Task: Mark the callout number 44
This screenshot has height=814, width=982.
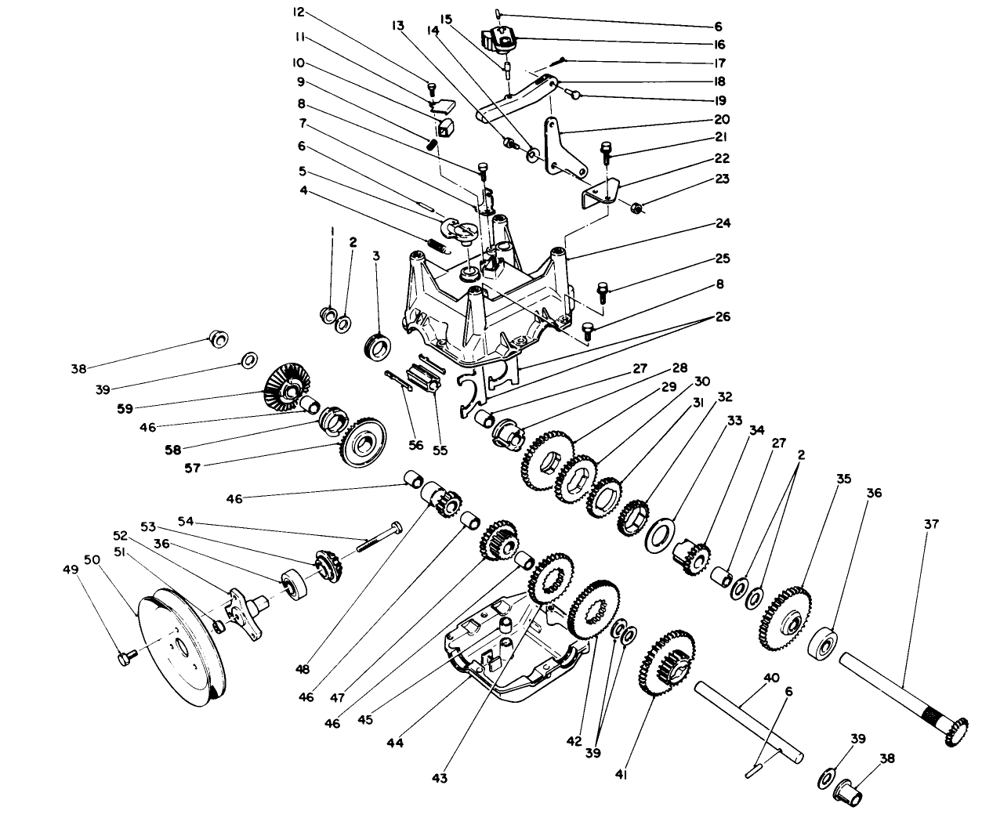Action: coord(395,742)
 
